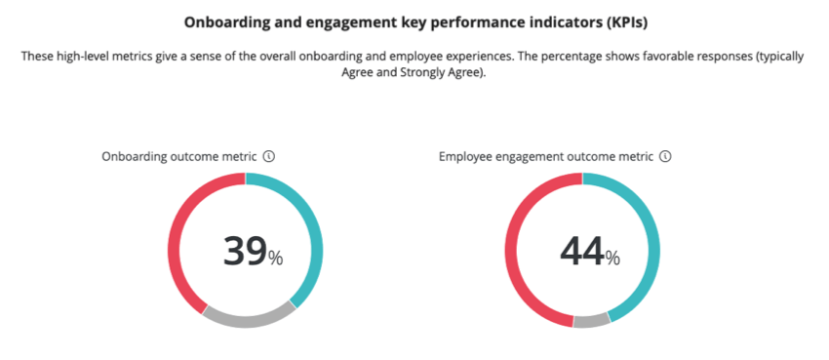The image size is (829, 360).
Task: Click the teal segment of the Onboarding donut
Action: point(314,234)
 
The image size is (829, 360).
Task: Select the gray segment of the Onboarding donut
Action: point(250,319)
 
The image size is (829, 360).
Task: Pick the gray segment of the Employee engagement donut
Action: point(591,321)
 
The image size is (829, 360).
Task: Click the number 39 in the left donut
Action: point(245,252)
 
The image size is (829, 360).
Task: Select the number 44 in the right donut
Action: point(581,252)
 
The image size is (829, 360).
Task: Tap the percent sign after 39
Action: point(276,259)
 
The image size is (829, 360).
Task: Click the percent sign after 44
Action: point(612,259)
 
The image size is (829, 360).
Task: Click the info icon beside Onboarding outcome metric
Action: point(269,156)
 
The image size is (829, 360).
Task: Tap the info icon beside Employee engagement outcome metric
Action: point(665,156)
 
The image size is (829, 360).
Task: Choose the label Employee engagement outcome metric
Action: point(545,156)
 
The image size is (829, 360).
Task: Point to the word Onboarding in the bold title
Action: point(222,21)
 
